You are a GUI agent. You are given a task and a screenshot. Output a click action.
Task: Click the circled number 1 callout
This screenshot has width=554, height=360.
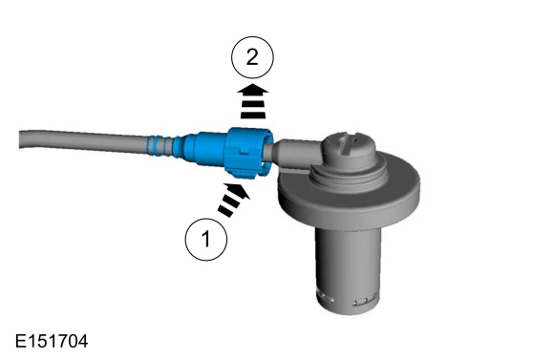pos(206,240)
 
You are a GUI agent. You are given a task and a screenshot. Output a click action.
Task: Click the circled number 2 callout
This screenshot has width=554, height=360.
pos(252,57)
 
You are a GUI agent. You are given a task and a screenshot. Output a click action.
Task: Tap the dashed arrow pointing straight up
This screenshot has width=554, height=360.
pos(252,101)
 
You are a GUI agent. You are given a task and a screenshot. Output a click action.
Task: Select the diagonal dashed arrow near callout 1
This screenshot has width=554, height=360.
pos(234,200)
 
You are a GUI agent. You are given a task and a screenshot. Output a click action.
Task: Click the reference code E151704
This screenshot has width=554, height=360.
pos(52,341)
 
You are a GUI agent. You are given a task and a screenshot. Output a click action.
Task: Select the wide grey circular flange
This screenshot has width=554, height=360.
pos(349,193)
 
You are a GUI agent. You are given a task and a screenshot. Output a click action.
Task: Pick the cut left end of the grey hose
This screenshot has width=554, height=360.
pos(21,139)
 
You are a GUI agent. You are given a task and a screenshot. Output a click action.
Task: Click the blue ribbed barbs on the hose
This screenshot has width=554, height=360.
pos(160,145)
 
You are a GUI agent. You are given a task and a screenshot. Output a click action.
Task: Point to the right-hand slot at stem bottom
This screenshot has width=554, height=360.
pos(364,303)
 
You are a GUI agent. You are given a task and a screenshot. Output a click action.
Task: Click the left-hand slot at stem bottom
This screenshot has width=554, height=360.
pos(326,298)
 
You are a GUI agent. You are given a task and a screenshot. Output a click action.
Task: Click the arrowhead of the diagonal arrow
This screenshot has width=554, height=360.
pos(241,190)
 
